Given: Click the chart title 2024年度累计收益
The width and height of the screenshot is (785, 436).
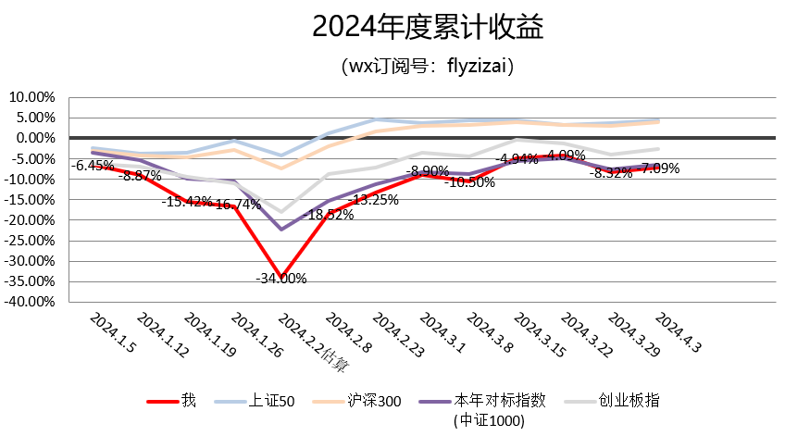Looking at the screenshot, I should pyautogui.click(x=427, y=29).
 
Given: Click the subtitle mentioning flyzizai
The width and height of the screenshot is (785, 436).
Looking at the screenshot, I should pyautogui.click(x=427, y=67).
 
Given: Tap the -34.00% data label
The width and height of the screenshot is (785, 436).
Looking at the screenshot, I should pyautogui.click(x=281, y=278).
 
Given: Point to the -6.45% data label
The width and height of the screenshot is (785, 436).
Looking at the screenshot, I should pyautogui.click(x=94, y=166).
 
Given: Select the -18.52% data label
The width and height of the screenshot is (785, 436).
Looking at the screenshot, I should pyautogui.click(x=329, y=215).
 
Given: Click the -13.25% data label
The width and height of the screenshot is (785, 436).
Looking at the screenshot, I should pyautogui.click(x=374, y=199).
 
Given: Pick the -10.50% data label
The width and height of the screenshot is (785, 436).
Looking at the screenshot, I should pyautogui.click(x=470, y=182).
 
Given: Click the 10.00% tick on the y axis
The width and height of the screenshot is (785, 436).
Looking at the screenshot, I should pyautogui.click(x=32, y=97).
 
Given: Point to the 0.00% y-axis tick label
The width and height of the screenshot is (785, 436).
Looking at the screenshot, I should pyautogui.click(x=36, y=138).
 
